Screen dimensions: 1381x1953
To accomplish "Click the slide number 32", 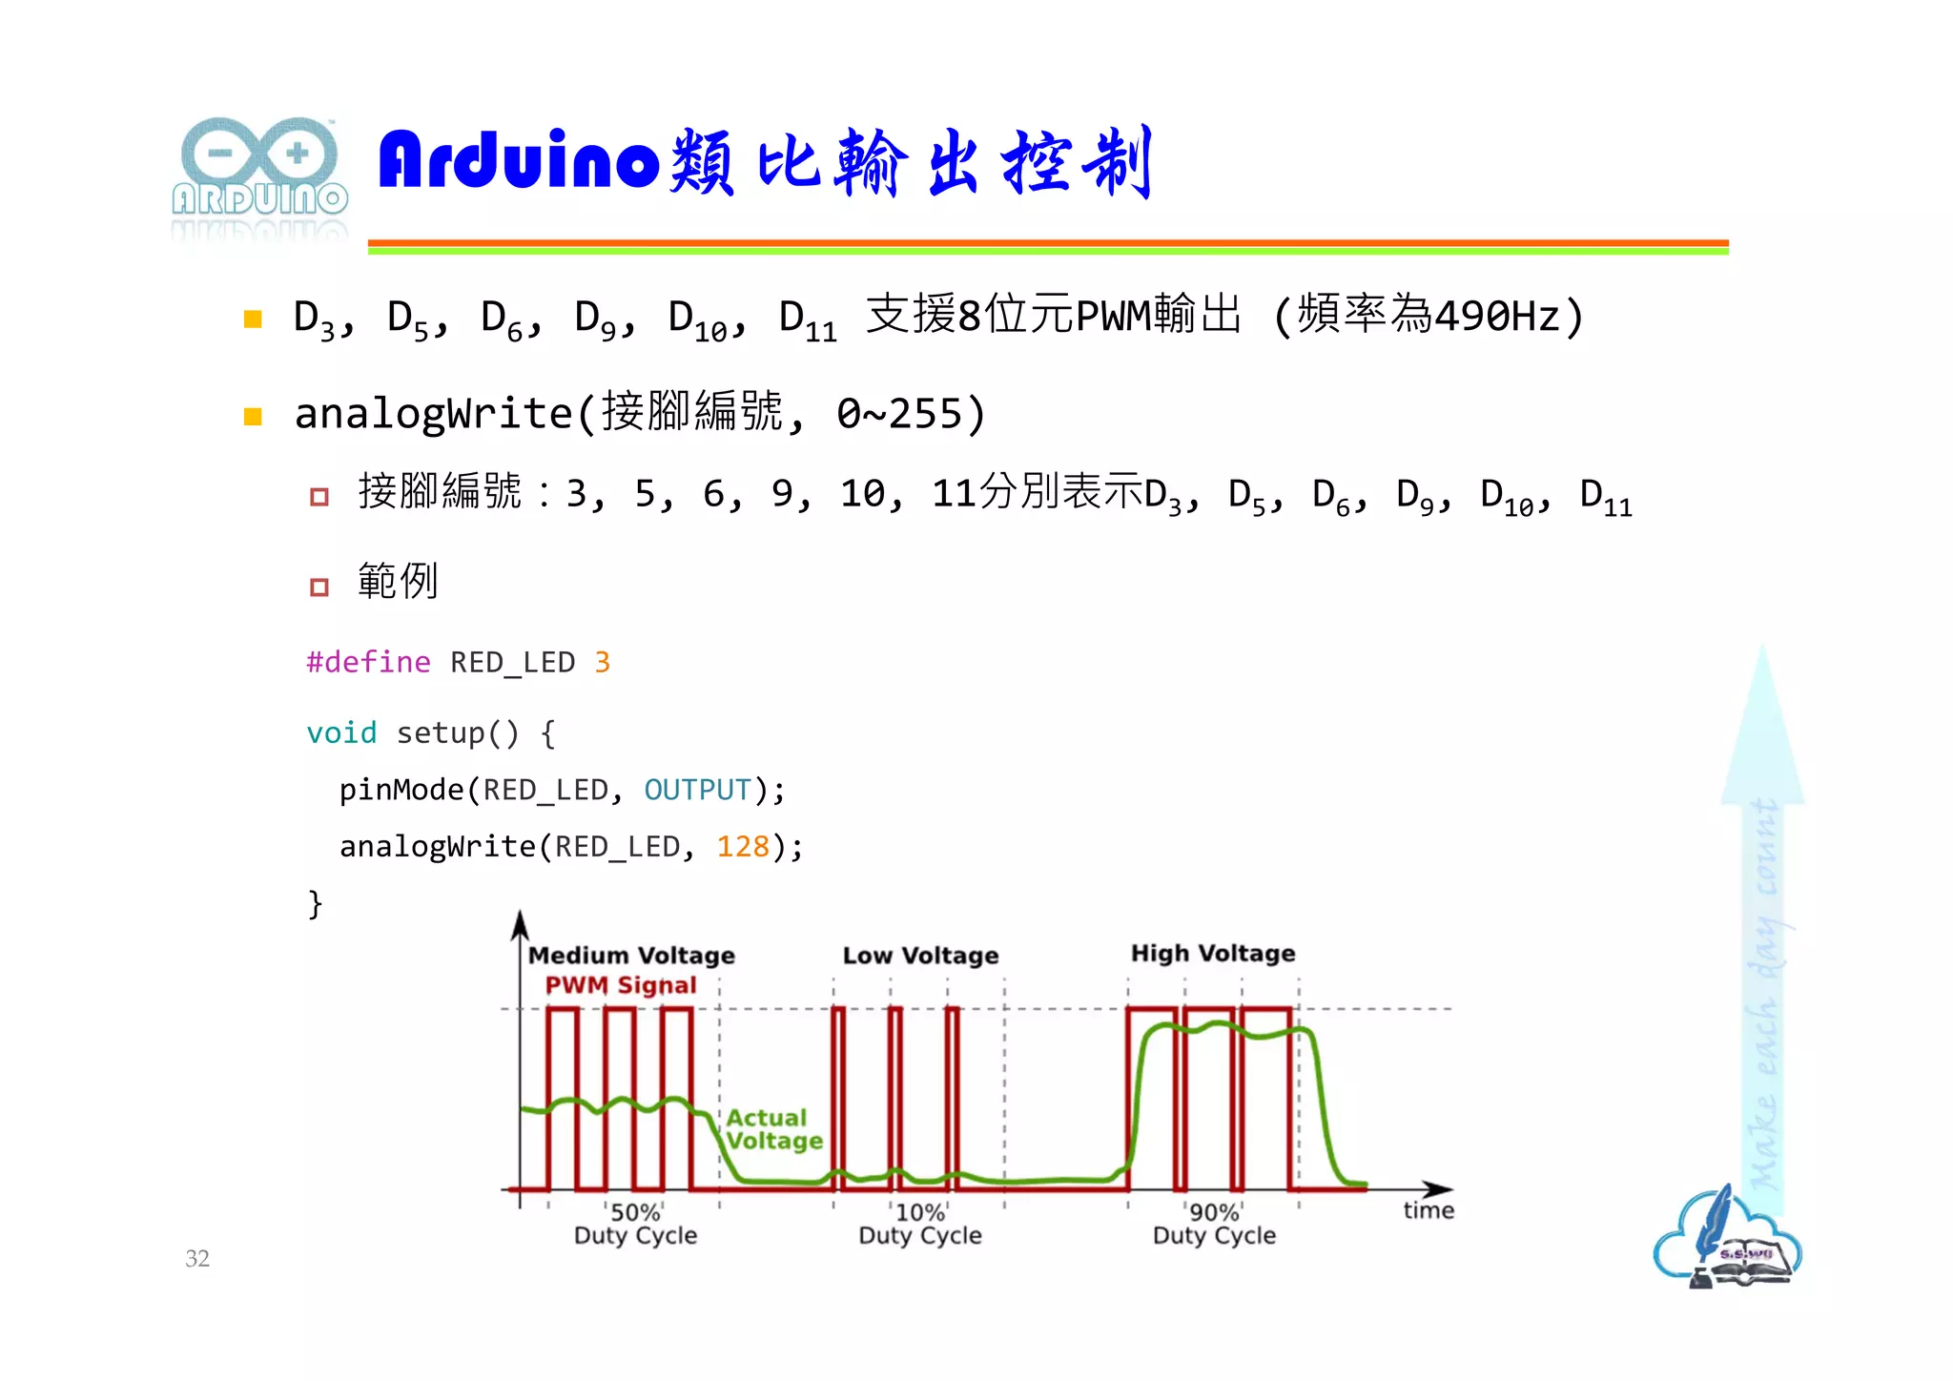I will tap(197, 1258).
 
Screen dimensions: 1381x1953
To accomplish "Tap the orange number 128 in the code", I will tap(743, 846).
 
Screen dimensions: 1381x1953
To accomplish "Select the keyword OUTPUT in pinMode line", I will tap(697, 790).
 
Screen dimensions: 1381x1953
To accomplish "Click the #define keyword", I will tap(368, 662).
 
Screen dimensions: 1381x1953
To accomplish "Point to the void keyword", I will tap(341, 732).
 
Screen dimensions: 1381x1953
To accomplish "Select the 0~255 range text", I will tap(899, 413).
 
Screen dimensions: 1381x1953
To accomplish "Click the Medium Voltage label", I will tap(631, 955).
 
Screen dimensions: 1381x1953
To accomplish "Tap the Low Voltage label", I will tap(920, 955).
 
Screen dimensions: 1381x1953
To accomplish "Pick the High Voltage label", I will tap(1213, 953).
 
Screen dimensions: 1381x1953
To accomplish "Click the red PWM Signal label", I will tap(621, 985).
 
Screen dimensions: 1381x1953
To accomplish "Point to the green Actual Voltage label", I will tap(773, 1129).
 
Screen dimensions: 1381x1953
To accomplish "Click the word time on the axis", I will tap(1428, 1210).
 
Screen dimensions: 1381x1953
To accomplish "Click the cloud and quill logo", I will tap(1727, 1238).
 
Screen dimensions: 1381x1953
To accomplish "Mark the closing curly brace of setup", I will tap(316, 903).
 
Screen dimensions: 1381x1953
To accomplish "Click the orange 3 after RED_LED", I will tap(602, 662).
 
